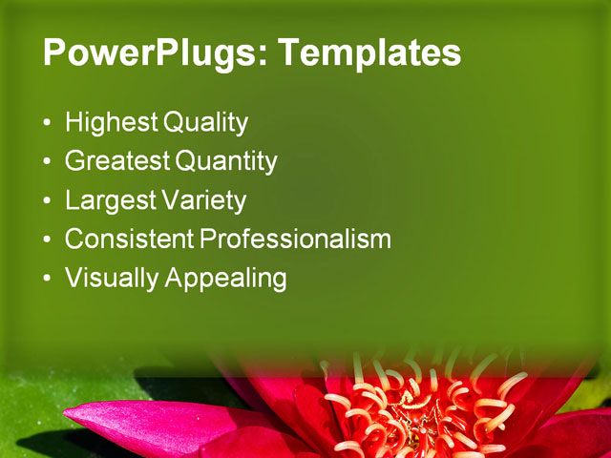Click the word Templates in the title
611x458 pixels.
(367, 53)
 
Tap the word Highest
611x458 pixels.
(112, 123)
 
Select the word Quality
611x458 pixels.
(205, 123)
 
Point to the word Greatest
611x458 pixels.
(117, 162)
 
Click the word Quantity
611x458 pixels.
(226, 162)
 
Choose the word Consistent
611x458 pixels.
(129, 239)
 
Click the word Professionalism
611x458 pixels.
(295, 239)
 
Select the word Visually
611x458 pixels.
(112, 279)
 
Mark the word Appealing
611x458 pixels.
(226, 279)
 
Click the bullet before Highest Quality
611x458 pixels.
(49, 124)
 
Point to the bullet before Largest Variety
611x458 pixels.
(49, 202)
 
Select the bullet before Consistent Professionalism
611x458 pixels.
(49, 240)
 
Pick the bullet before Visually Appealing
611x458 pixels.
(49, 280)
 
